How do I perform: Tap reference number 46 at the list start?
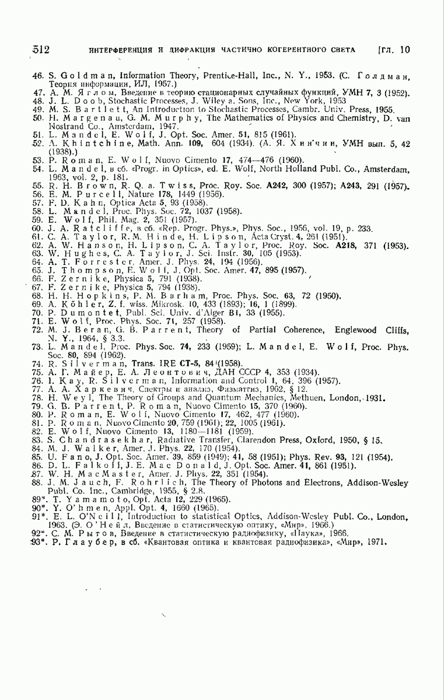37,75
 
